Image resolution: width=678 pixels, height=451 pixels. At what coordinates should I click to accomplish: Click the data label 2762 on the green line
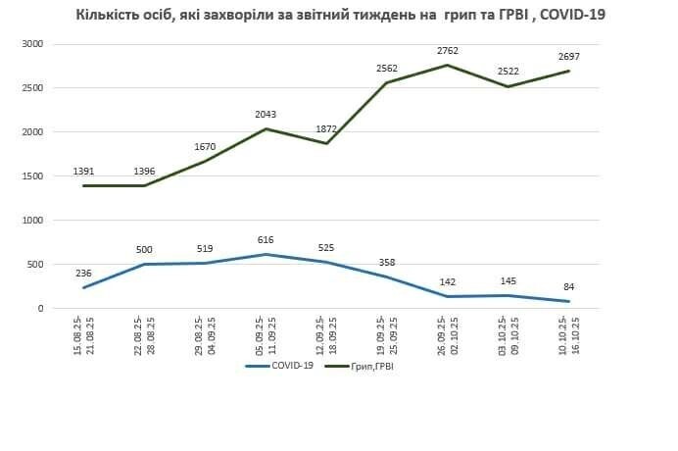coord(447,50)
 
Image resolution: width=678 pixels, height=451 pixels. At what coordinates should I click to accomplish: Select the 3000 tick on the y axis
coord(32,44)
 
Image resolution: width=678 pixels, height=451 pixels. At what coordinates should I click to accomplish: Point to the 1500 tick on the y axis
coord(32,176)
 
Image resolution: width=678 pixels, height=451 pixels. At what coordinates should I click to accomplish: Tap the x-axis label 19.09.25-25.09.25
coord(387,334)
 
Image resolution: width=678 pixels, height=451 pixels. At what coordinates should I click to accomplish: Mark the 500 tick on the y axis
coord(35,265)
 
